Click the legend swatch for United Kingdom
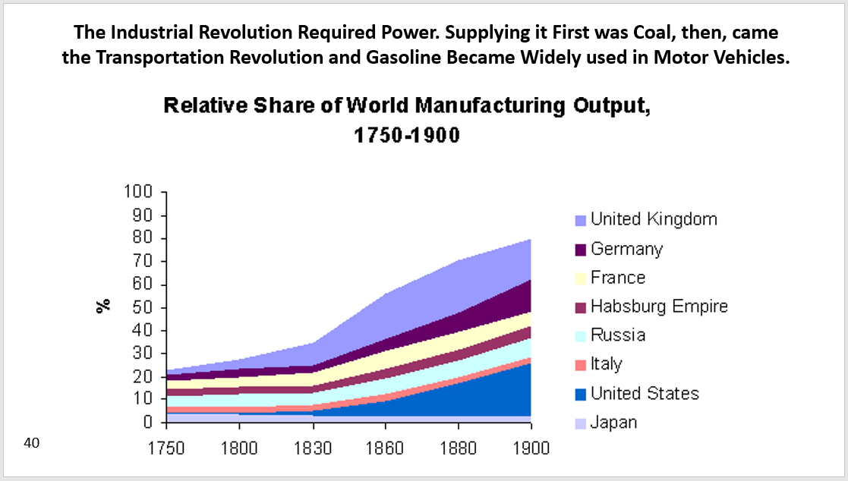[x=581, y=220]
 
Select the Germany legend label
[x=626, y=249]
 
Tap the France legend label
[x=618, y=278]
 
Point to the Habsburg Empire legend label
[x=659, y=307]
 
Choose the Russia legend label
[x=618, y=335]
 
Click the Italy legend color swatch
[x=581, y=365]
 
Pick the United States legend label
[x=645, y=393]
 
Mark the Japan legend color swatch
[x=581, y=423]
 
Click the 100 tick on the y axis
[x=139, y=192]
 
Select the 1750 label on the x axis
[x=167, y=447]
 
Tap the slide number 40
[x=32, y=443]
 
